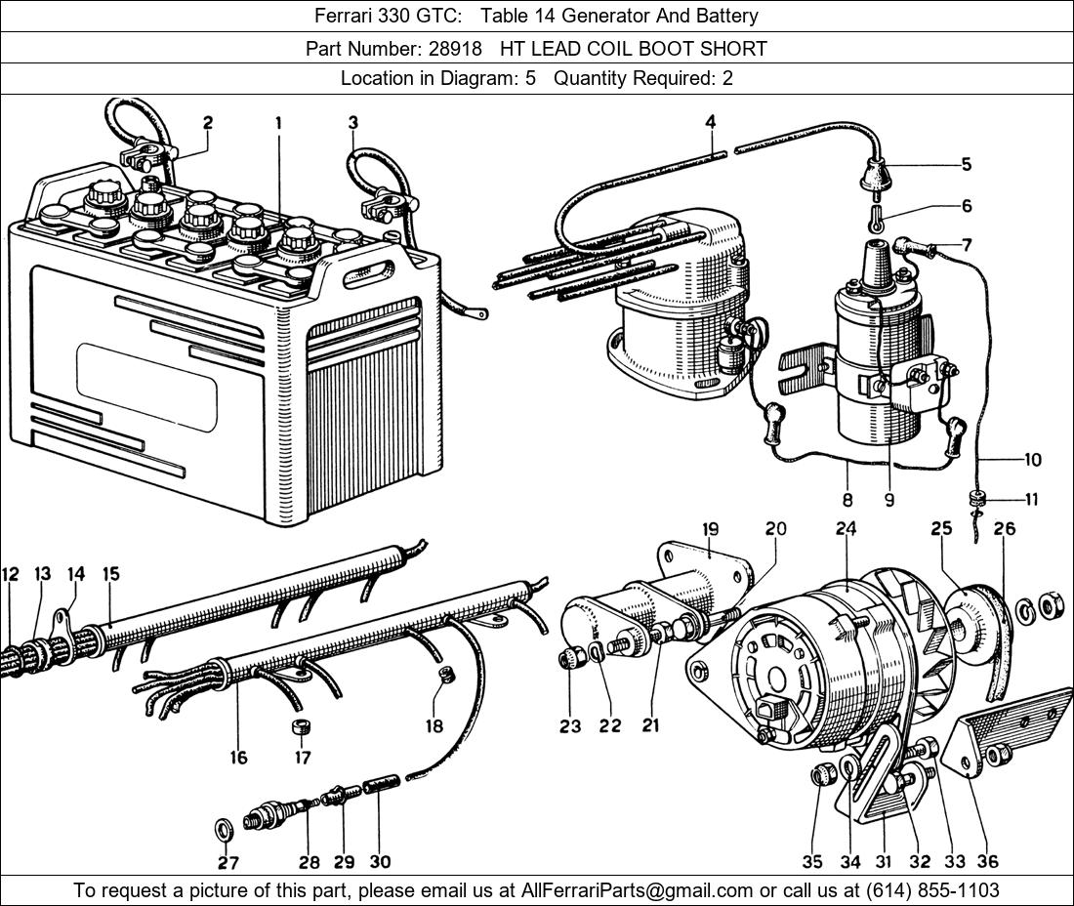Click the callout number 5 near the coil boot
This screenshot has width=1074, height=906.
(966, 164)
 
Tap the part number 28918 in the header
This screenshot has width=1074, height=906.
(456, 49)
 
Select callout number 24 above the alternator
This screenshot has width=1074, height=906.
(846, 529)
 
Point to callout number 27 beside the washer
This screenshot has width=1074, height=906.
(228, 862)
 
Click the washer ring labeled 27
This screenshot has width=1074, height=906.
(224, 830)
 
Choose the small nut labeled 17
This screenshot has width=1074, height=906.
(300, 726)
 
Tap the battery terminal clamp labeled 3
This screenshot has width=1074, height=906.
(387, 205)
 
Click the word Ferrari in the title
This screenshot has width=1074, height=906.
(339, 16)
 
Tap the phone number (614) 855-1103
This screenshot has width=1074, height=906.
(932, 890)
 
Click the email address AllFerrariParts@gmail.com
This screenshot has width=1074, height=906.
(637, 890)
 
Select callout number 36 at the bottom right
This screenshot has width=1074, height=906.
(987, 861)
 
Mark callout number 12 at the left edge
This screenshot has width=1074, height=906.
(10, 574)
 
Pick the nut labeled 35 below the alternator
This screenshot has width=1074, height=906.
(820, 776)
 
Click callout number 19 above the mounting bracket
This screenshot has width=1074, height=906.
(710, 529)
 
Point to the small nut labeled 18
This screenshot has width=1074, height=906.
(446, 675)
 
